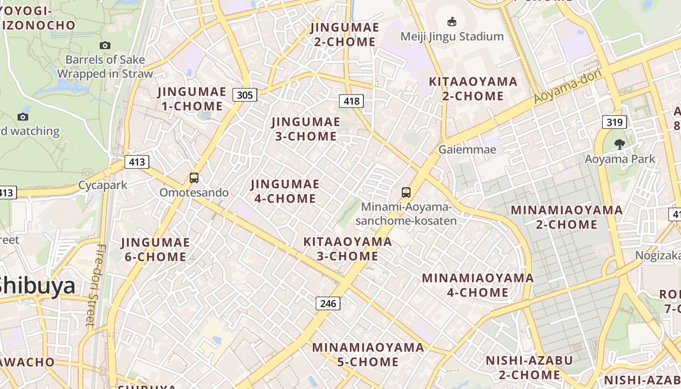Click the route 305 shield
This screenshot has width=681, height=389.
(244, 95)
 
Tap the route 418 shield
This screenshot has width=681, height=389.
(351, 101)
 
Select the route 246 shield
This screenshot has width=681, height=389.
(328, 303)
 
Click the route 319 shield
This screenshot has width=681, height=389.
(614, 122)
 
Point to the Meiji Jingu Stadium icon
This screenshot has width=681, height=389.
(452, 22)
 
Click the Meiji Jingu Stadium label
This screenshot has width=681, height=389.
(452, 36)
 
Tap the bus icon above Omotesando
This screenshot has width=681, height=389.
(194, 178)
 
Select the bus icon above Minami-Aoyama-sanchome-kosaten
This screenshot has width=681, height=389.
(406, 193)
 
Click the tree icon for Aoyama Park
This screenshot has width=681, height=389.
(619, 144)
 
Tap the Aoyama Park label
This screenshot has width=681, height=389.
(620, 159)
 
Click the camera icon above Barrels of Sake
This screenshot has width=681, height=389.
(105, 45)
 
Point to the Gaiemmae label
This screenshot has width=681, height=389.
(467, 149)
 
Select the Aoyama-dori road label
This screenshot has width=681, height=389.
(568, 86)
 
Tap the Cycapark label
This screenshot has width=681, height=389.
(103, 185)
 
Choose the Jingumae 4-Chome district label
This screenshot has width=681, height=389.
(285, 191)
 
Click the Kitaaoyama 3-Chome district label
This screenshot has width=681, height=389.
(347, 248)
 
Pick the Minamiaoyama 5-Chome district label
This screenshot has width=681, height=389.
(368, 354)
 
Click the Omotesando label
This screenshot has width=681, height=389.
(194, 193)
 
